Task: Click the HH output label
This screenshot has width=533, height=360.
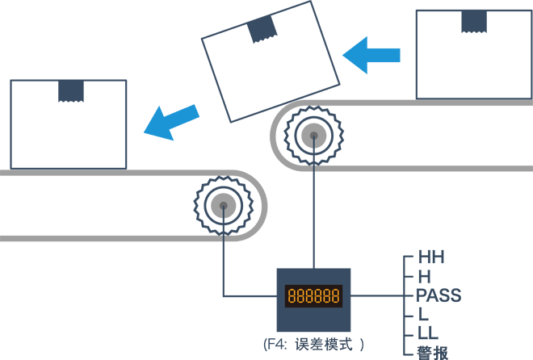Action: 432,258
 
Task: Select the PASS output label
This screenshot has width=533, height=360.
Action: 439,295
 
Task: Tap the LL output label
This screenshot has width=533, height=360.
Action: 427,333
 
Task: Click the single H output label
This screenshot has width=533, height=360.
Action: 424,277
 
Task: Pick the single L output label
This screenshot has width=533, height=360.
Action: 423,314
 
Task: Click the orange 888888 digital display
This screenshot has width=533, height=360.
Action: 313,295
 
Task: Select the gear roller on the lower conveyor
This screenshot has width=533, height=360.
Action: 221,205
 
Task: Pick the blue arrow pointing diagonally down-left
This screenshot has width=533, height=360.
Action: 172,122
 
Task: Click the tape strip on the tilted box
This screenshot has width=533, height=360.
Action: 262,29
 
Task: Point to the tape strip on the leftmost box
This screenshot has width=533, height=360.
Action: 71,90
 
